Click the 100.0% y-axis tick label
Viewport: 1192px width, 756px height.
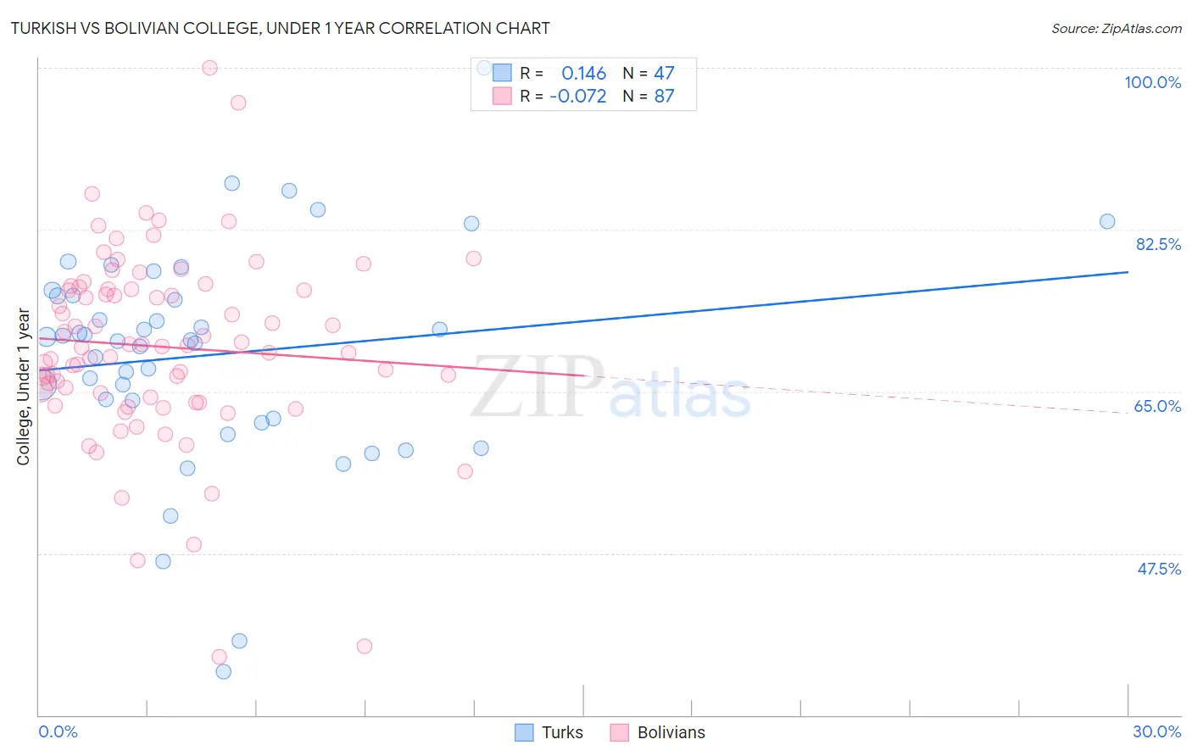click(1152, 82)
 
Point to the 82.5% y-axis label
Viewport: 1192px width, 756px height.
click(1158, 244)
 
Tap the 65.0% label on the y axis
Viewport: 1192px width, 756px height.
click(1157, 406)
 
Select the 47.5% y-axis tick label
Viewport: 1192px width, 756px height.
click(1159, 569)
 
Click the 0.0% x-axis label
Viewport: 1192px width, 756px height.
click(58, 731)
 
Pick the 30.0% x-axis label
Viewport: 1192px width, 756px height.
click(1156, 731)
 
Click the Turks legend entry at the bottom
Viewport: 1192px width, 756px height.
click(549, 732)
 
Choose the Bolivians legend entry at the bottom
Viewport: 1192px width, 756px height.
click(657, 732)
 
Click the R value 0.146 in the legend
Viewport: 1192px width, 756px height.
click(584, 73)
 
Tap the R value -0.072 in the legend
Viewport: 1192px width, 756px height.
click(578, 96)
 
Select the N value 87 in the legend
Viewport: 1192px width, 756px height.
click(664, 96)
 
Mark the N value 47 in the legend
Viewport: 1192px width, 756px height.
click(664, 73)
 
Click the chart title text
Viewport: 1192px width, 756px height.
click(280, 28)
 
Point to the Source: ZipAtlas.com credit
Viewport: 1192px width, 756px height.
click(1116, 28)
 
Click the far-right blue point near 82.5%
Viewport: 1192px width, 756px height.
click(1107, 221)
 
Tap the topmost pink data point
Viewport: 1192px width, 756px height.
click(209, 68)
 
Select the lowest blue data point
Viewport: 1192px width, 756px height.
click(223, 671)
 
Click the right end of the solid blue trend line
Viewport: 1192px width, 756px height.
click(1128, 272)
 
